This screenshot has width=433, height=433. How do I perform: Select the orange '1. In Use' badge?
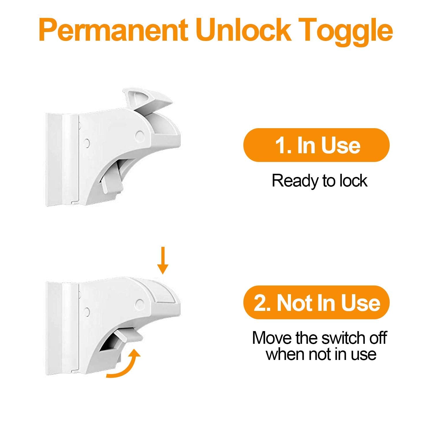click(317, 145)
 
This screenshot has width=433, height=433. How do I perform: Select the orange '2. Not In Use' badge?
click(317, 303)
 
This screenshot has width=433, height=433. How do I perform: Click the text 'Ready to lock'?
click(320, 181)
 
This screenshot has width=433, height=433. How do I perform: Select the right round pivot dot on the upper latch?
click(140, 134)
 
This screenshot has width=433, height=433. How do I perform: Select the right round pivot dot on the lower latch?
click(140, 303)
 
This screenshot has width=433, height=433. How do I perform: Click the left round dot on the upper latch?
click(86, 143)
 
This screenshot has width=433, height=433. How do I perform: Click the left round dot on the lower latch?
click(86, 311)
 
